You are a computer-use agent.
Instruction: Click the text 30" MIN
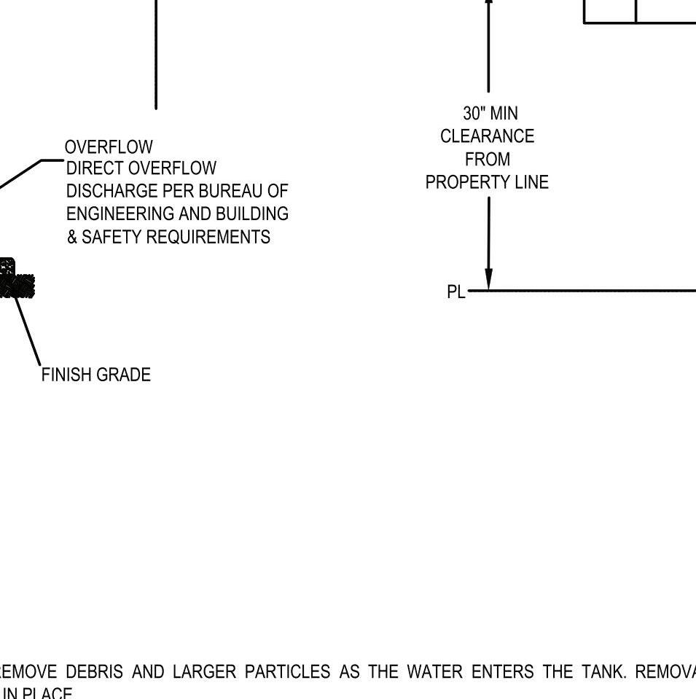490,114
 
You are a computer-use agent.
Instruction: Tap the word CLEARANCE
487,136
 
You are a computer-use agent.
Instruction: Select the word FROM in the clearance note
487,160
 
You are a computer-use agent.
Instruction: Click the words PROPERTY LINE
487,182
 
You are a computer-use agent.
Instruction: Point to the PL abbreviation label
455,292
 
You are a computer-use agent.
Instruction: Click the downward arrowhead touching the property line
488,279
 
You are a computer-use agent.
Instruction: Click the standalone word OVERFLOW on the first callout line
109,147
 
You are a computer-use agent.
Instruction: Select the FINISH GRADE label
95,375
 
